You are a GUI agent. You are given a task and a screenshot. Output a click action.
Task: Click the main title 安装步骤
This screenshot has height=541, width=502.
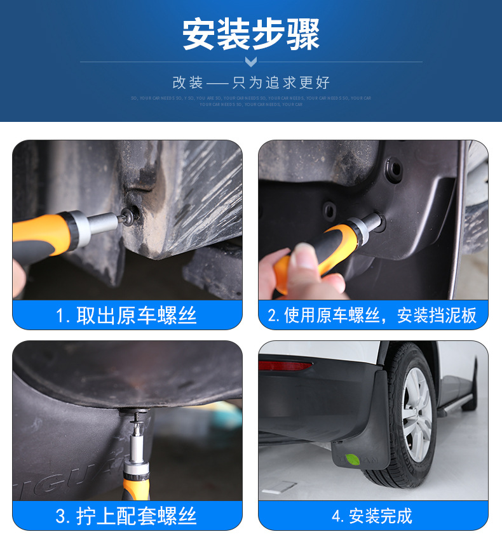[251, 34]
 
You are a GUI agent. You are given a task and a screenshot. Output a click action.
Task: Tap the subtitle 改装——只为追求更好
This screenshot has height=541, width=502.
[251, 83]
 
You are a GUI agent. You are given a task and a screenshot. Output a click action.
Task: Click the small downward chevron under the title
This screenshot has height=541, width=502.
[251, 62]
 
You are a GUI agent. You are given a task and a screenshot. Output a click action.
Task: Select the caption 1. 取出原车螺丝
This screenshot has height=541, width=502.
[126, 316]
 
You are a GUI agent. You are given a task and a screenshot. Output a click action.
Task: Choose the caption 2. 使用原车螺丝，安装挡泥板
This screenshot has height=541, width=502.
[372, 316]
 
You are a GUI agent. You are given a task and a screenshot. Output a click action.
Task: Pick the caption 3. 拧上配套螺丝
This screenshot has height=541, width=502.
[126, 516]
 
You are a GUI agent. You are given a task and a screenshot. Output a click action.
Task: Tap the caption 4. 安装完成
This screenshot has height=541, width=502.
[372, 516]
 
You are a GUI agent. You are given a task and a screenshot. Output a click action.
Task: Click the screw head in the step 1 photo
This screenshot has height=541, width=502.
[132, 215]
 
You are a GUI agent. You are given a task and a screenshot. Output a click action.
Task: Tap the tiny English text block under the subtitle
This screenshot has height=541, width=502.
[251, 101]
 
